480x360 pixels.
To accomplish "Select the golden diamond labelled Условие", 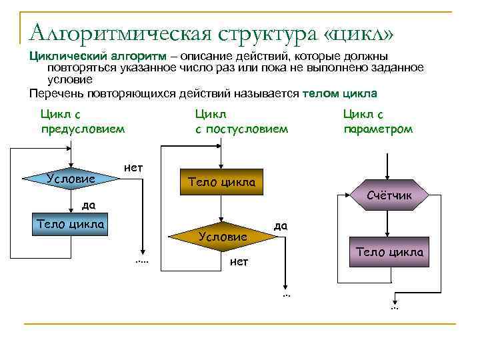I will pyautogui.click(x=222, y=236).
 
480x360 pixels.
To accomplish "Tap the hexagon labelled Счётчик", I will pyautogui.click(x=389, y=195).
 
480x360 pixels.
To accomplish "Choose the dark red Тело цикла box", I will pyautogui.click(x=389, y=253).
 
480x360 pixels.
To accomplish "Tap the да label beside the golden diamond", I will pyautogui.click(x=280, y=225).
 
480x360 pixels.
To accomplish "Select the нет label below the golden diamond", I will pyautogui.click(x=239, y=262).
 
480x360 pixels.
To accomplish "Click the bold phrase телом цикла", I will pyautogui.click(x=339, y=93).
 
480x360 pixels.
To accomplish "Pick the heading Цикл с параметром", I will pyautogui.click(x=377, y=122).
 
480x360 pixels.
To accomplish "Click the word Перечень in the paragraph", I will pyautogui.click(x=57, y=93).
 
